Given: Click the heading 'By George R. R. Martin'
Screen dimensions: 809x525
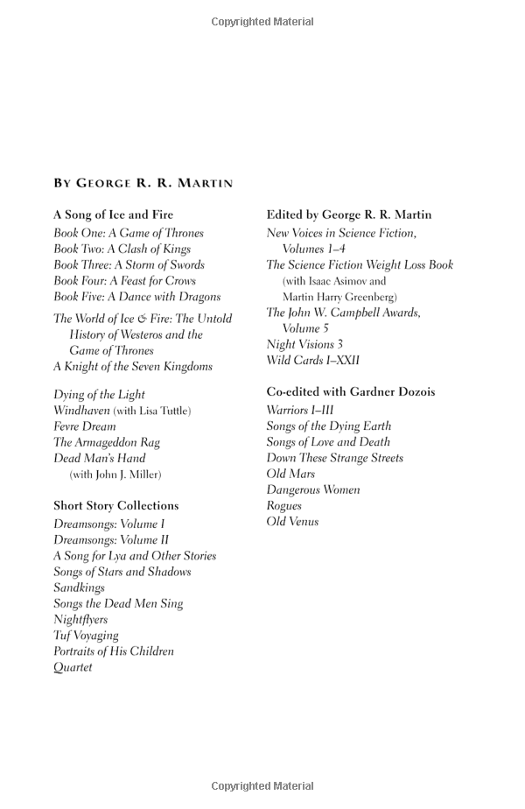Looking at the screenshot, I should point(143,183).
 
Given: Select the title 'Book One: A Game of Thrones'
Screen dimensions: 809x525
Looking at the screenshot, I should point(129,233).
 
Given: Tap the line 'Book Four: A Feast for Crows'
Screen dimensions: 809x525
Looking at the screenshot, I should point(124,281).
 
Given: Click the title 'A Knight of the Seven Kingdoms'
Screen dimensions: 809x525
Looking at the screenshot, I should point(132,367).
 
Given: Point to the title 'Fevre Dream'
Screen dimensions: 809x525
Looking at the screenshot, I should point(85,426).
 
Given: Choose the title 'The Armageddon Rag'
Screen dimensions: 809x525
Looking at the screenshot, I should point(107,442).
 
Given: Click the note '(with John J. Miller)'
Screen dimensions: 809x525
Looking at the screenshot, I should point(115,475).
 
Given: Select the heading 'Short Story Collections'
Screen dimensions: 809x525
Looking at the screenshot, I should point(115,505).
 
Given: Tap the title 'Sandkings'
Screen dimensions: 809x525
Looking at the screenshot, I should point(79,587).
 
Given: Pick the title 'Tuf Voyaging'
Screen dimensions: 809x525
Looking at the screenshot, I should point(86,636).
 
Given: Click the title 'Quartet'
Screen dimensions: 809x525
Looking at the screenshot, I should point(73,667).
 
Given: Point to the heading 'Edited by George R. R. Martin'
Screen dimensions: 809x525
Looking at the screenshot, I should point(349,215).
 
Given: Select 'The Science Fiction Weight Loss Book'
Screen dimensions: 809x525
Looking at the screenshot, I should point(360,264).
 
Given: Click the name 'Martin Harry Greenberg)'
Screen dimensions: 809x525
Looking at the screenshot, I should point(339,297).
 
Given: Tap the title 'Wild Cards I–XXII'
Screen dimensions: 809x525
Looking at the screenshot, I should point(313,360).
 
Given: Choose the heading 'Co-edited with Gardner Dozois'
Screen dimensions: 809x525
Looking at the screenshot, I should point(351,391).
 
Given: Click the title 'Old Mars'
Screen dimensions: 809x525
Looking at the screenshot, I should point(290,474).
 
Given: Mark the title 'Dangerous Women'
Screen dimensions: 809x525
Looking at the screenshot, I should point(313,489).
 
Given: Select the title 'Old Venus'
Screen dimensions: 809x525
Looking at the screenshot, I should point(292,522).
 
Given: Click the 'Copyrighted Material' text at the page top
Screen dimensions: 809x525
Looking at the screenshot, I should point(262,22).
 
